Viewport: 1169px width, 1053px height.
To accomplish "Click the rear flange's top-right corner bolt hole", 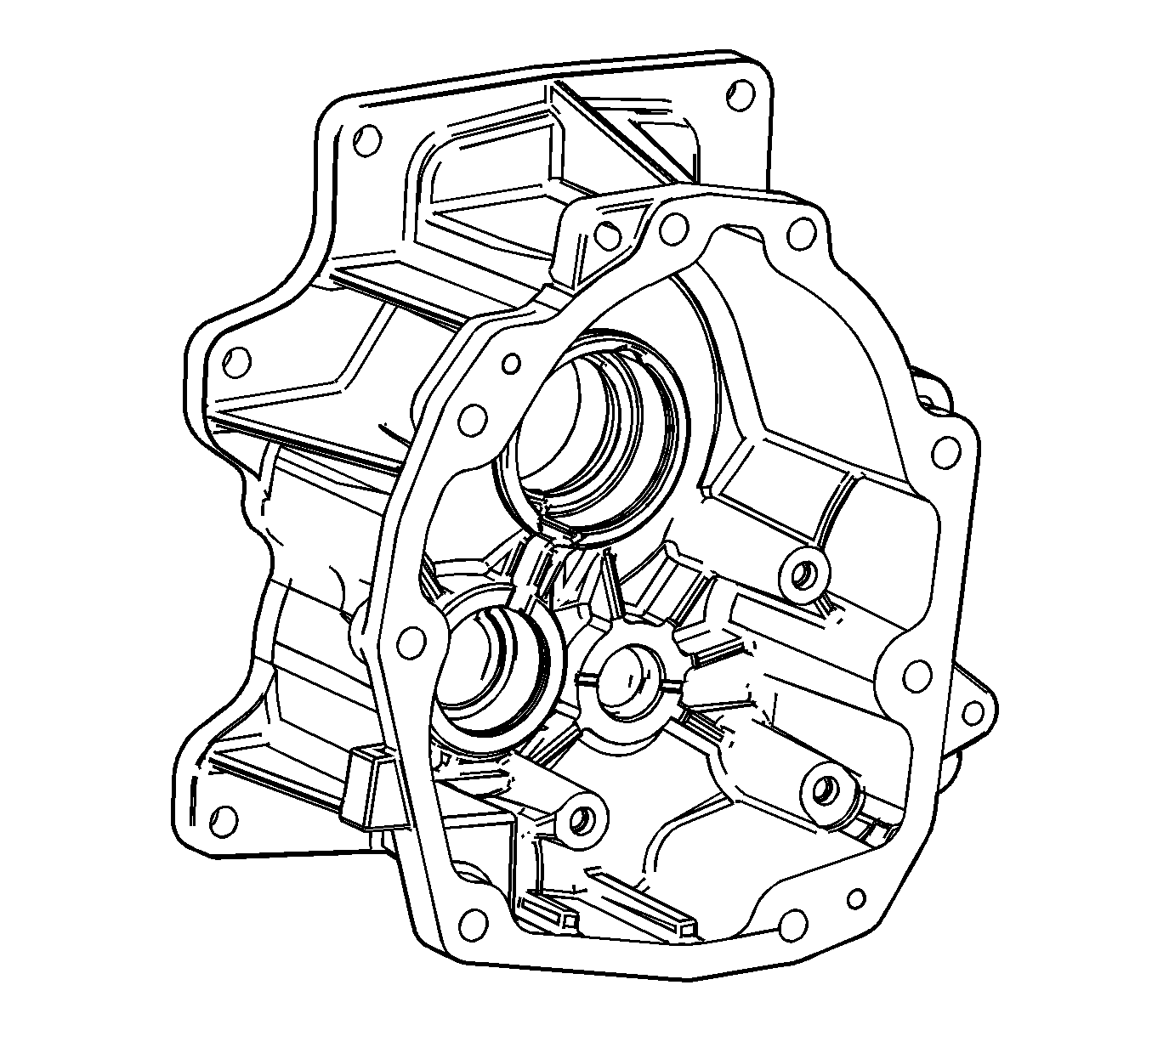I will (x=741, y=91).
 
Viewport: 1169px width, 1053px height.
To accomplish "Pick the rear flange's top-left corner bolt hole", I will (x=366, y=139).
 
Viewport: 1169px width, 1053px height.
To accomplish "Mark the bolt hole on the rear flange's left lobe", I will (x=237, y=360).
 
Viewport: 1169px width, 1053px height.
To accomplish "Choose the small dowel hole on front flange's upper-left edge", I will (x=511, y=364).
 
